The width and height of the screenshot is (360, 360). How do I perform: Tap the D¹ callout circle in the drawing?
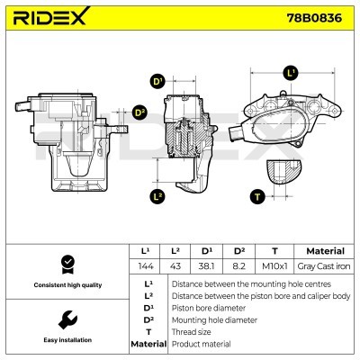coord(157,82)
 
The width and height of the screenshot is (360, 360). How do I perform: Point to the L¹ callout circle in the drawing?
coord(290,71)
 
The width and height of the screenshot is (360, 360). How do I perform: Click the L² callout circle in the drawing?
coord(157,194)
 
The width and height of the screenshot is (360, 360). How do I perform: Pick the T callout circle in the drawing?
coord(256,194)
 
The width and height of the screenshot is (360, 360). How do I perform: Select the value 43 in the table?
coord(177,265)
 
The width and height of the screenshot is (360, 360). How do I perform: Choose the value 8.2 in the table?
coord(240,265)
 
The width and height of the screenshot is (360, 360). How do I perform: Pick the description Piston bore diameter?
coord(207,307)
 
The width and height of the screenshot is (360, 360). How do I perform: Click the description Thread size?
coord(193,331)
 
